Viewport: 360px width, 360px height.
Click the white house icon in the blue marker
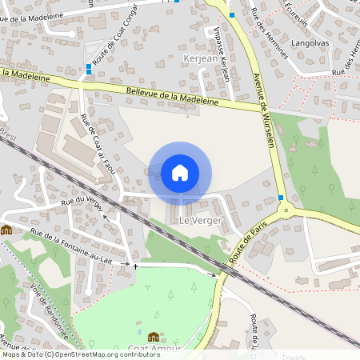180,172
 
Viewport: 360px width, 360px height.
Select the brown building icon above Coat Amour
153,337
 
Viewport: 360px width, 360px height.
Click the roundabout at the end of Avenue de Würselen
285,211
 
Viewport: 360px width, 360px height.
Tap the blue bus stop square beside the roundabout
281,198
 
